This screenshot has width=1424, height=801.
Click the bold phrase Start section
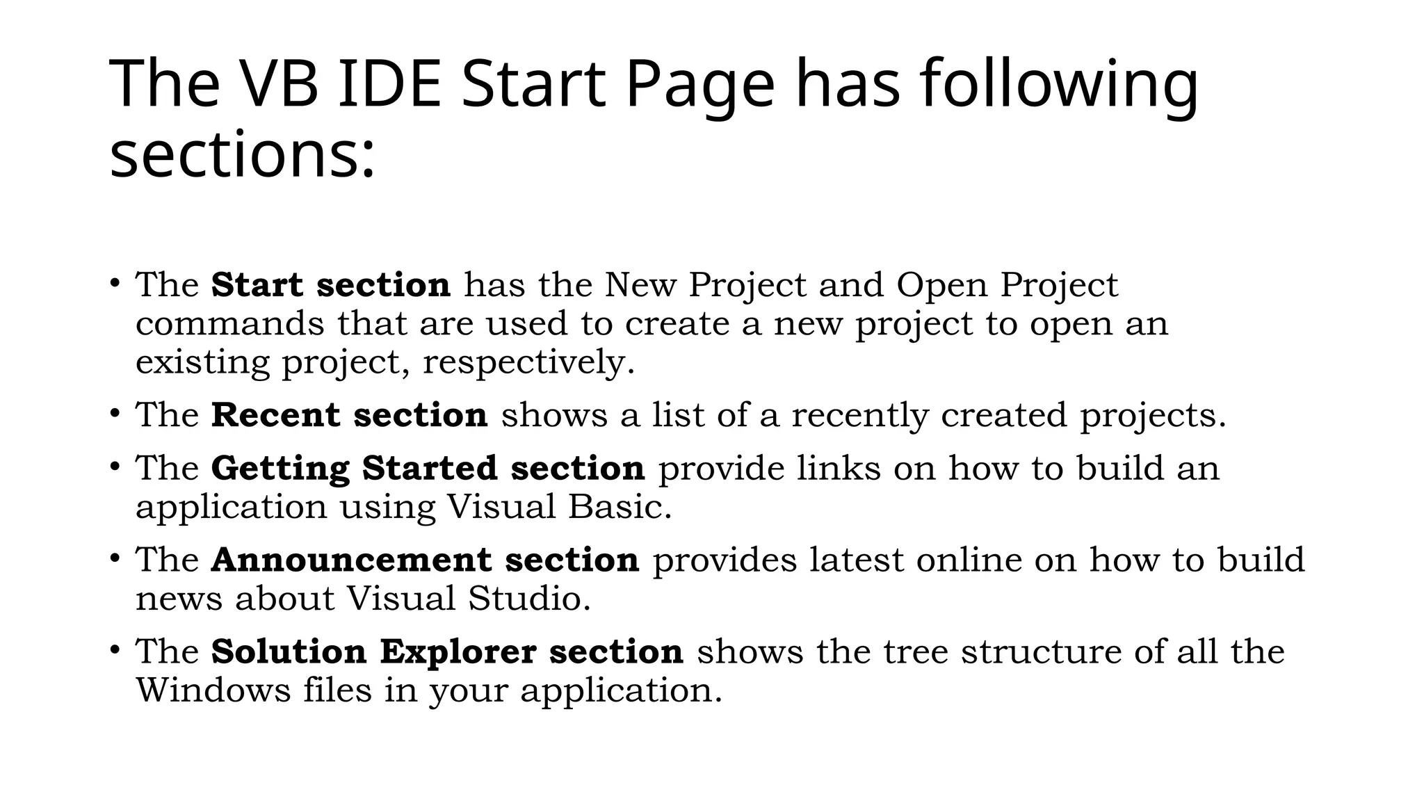tap(331, 285)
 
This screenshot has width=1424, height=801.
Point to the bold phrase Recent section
tap(349, 415)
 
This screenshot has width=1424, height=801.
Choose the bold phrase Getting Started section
tap(428, 468)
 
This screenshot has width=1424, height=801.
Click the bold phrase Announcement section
tap(425, 560)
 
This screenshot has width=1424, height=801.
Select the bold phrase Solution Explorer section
tap(447, 652)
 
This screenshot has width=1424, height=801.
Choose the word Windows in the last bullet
tap(213, 690)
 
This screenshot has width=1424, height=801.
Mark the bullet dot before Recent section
tap(115, 414)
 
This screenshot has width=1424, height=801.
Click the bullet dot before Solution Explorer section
tap(115, 650)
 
